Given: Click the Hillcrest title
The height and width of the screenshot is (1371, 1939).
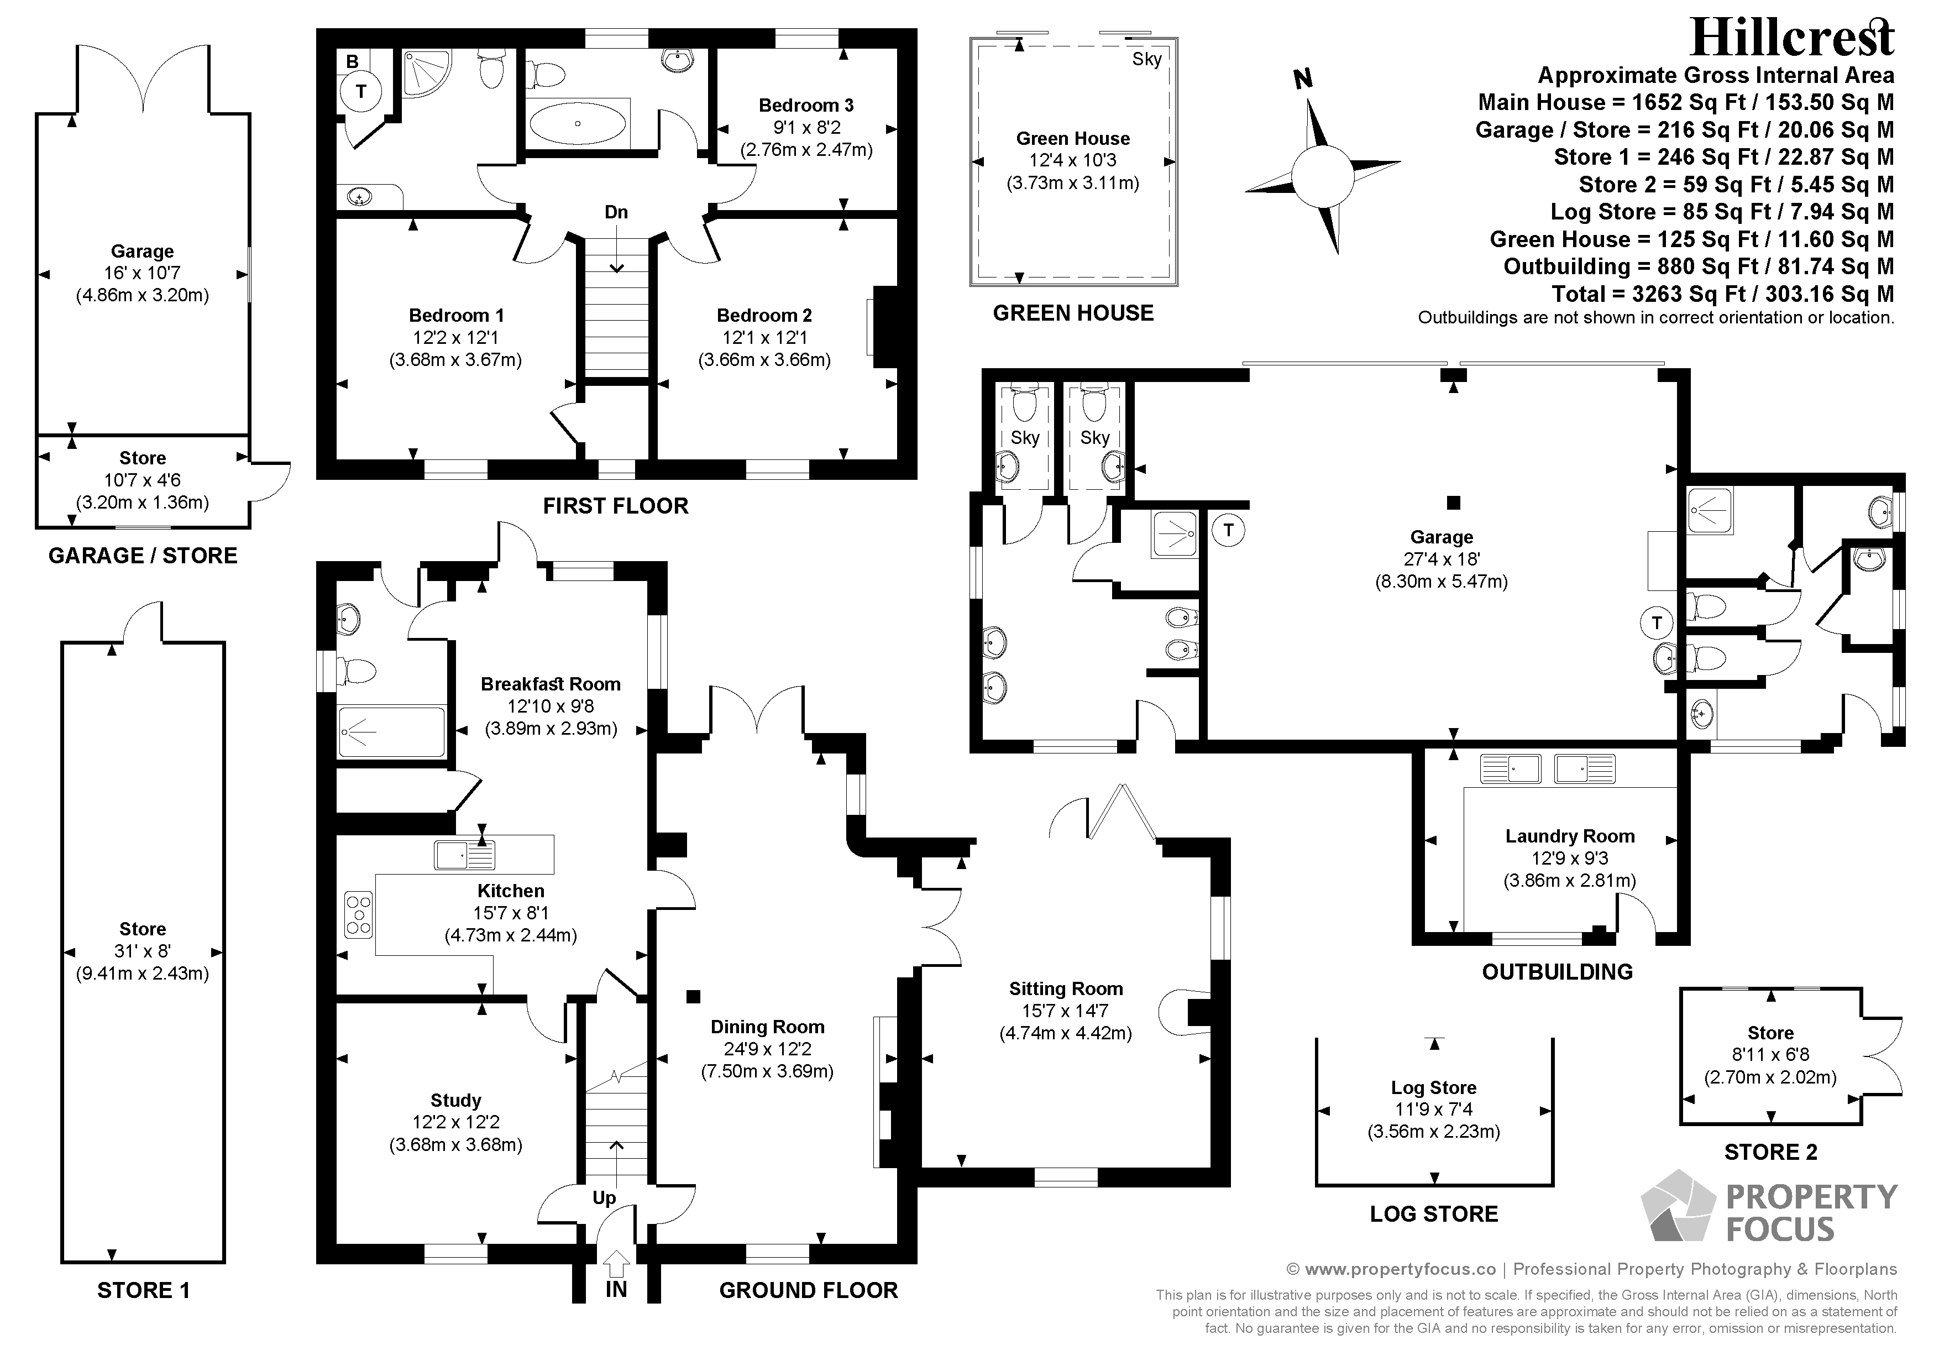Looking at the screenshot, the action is pos(1792,38).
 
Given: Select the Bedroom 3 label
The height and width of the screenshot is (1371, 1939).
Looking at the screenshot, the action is pos(806,106).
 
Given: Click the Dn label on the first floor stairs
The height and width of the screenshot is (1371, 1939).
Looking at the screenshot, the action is pos(616,212).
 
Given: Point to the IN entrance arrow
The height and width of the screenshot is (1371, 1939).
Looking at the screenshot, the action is pos(616,1264).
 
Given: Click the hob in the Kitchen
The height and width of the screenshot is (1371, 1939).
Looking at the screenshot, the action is pos(359,915).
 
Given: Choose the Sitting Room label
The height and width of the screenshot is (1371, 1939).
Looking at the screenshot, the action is pos(1066,988).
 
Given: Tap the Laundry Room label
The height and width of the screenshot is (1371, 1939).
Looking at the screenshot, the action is pos(1570,836).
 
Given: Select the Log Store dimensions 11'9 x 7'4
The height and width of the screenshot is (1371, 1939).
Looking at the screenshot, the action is pos(1434,1110).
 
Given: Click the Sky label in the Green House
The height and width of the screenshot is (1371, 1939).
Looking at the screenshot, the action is pos(1147,59).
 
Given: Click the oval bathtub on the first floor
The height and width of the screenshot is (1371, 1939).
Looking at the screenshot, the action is pos(579,124).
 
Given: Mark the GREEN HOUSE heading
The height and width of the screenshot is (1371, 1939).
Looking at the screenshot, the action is pos(1073,313).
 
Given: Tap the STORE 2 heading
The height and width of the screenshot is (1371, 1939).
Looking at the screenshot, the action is pos(1771,1152).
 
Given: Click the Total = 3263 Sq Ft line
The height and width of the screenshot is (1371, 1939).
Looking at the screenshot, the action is pos(1723,294).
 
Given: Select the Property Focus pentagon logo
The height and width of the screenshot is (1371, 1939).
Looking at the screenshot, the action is pos(1678,1206).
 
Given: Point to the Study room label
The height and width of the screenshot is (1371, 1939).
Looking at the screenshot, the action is pos(456,1100).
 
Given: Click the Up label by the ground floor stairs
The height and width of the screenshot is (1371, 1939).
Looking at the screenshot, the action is pos(604,1199).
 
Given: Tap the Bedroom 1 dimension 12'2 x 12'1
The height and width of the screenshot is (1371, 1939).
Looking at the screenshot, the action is pos(456,338).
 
